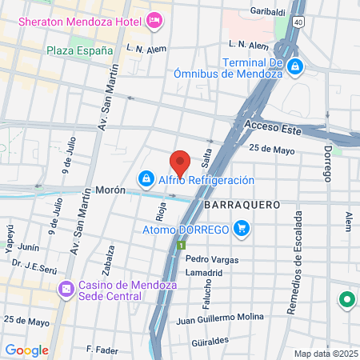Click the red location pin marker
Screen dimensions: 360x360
(180, 162)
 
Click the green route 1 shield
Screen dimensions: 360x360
(182, 246)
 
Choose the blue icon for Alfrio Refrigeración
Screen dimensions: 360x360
(146, 177)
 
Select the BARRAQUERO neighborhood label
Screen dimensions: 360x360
(241, 205)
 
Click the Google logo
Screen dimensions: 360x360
(27, 350)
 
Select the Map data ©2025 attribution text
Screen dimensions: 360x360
(325, 354)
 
